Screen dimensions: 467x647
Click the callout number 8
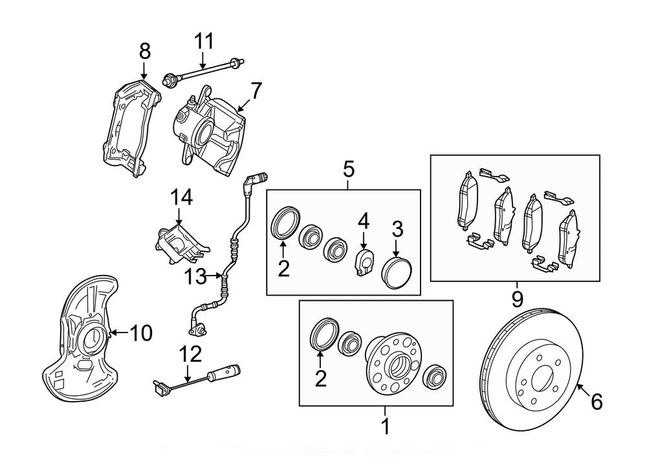(144, 50)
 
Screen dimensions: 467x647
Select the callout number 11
(204, 42)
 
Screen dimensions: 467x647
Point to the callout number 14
(182, 198)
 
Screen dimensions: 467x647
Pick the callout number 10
(141, 333)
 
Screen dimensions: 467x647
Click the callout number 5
(348, 170)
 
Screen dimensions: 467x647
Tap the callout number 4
(364, 222)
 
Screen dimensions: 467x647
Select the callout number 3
(397, 228)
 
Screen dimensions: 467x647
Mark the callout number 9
(517, 299)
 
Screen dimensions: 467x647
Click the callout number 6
(597, 402)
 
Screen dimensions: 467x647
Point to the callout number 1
(385, 427)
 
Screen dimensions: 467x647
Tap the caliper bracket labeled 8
(129, 126)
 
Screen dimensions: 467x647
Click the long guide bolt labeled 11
(207, 69)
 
